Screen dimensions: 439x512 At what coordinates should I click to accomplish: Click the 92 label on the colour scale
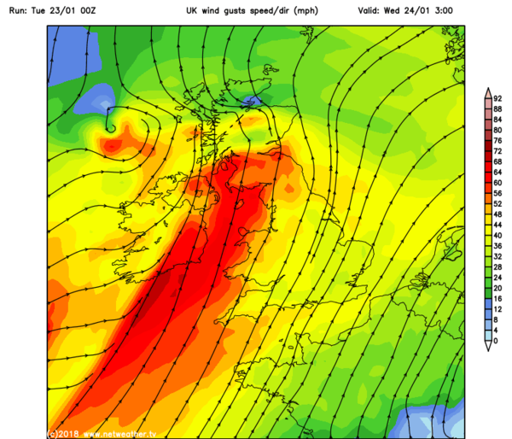click(497, 99)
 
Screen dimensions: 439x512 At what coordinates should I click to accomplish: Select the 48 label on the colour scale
click(497, 214)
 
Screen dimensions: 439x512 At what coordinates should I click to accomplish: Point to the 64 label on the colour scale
click(497, 173)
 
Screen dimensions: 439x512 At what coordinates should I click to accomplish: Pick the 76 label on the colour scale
click(497, 141)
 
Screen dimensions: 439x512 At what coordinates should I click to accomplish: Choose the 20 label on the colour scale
click(497, 288)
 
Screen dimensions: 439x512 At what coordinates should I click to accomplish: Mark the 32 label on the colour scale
click(497, 256)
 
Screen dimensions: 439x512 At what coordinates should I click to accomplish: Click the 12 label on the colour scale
click(497, 308)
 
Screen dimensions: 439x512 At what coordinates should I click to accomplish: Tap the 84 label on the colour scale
click(497, 120)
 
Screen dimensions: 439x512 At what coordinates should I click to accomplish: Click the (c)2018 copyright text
click(64, 432)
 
